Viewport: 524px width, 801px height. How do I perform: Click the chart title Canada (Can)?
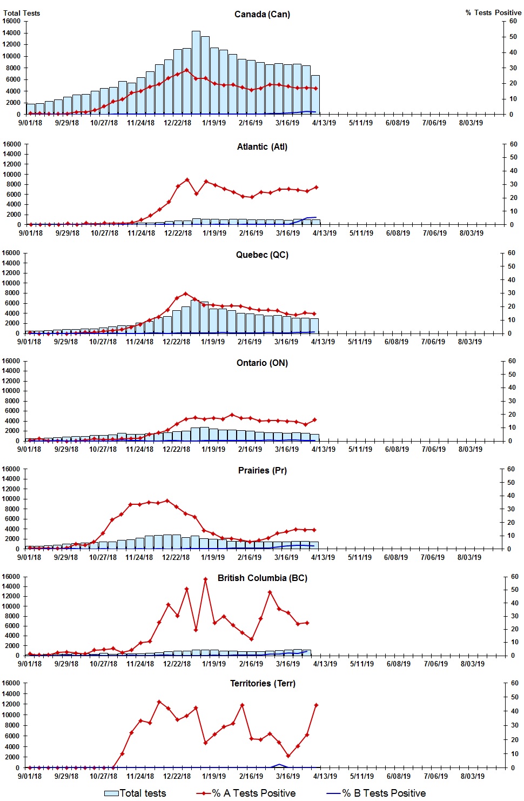262,14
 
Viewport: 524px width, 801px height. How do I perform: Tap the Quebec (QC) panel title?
262,255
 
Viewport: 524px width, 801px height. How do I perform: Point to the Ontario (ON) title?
262,363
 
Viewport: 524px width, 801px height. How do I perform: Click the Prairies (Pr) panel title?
262,470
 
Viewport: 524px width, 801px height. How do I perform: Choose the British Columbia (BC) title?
262,578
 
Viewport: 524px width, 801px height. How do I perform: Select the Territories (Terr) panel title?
262,683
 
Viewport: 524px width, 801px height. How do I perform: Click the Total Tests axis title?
22,13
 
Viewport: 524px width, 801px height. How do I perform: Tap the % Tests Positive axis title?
493,12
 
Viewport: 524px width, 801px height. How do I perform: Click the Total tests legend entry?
135,793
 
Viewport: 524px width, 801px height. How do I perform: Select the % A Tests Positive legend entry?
246,793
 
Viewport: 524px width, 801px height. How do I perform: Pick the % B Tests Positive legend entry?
377,793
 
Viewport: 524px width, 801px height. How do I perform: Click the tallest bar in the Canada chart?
196,73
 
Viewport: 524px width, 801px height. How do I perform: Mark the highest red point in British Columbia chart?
205,579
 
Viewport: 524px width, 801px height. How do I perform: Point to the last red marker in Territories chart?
316,705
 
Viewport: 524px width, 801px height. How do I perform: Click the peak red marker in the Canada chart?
187,70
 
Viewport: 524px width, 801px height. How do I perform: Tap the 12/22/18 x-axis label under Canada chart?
177,123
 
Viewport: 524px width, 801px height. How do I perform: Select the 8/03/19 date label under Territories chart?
472,776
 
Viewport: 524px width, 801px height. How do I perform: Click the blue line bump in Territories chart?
279,765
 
